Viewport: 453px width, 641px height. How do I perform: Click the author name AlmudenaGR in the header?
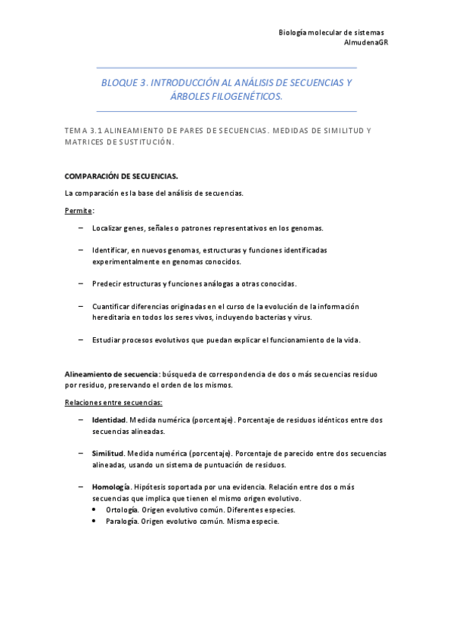pos(366,42)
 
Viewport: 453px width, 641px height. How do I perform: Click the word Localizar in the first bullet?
pos(108,228)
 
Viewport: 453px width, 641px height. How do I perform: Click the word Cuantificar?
pos(113,306)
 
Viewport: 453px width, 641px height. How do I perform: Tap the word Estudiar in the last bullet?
pos(108,340)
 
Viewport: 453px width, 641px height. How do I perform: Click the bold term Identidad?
pos(109,420)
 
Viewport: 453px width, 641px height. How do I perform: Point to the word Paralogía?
pos(122,521)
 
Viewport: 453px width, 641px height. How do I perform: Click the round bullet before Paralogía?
pos(94,521)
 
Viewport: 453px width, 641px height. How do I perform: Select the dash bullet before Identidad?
pos(81,420)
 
